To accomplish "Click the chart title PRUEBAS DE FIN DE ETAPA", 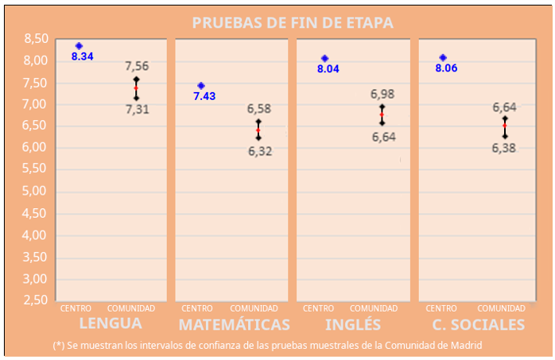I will [x=292, y=22].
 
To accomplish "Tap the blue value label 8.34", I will [x=82, y=56].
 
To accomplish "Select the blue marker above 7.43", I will [x=201, y=86].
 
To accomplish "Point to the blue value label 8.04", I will [x=328, y=69].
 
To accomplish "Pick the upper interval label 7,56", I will [x=137, y=66].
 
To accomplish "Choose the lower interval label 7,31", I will [x=137, y=110].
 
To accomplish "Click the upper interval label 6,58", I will [x=259, y=108].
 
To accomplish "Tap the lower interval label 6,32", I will [x=259, y=151].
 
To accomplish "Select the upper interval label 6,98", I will [x=382, y=94].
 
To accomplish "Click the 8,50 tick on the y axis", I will [x=36, y=39].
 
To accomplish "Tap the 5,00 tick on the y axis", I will [x=36, y=192].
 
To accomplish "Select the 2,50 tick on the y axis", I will [x=36, y=300].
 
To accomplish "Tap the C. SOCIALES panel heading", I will [x=478, y=324].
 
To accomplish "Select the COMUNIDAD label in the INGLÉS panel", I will [x=374, y=308].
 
